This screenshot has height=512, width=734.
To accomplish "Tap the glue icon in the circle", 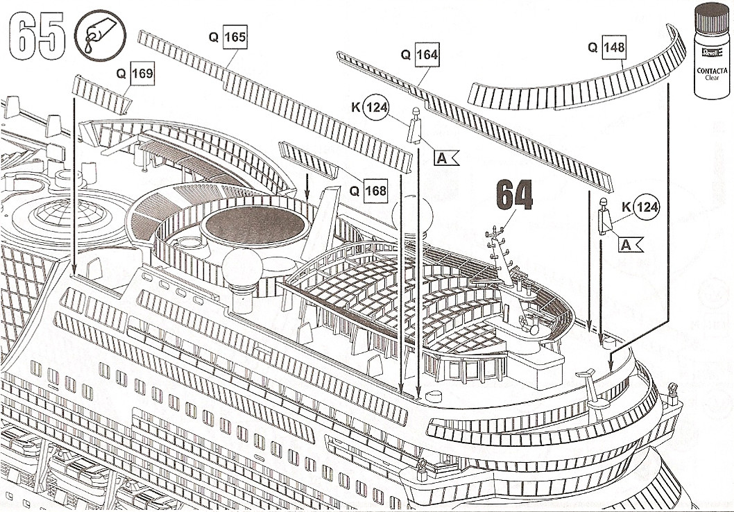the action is point(100,35).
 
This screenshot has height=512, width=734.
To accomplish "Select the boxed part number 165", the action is point(234,37).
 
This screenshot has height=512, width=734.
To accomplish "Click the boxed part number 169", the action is point(142,74).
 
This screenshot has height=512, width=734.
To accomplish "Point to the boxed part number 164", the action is point(427,55).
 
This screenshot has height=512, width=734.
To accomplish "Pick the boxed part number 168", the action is point(375,191).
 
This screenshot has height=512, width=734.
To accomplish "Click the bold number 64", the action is point(514,195).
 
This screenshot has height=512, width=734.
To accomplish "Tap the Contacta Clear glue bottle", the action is point(712,51).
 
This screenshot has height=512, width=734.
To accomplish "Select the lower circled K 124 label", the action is point(647,207).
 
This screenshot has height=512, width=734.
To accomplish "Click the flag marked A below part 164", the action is point(445,158).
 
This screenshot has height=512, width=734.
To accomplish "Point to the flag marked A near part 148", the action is point(630,244).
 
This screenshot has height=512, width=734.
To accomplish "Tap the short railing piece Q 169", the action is point(101,94).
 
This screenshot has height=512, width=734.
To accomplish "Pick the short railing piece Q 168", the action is point(308,160).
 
